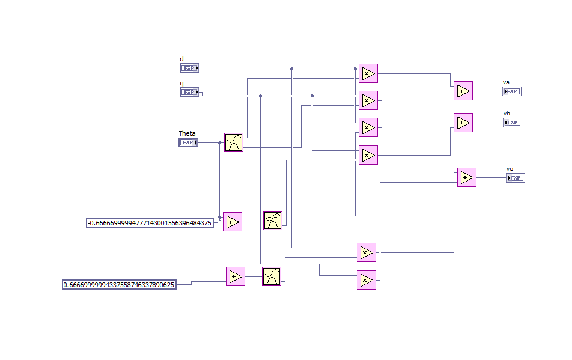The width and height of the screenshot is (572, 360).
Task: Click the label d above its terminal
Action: tap(182, 59)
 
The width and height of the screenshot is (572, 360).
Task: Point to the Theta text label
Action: tap(187, 133)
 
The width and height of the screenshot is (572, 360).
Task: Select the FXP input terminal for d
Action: tap(189, 68)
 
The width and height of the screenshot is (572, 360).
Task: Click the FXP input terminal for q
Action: tap(189, 92)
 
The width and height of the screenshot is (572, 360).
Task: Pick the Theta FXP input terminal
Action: tap(188, 142)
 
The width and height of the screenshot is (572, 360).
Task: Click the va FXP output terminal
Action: tap(512, 91)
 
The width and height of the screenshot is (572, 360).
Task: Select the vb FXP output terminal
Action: tap(512, 123)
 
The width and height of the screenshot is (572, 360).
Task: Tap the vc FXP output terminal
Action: tap(515, 178)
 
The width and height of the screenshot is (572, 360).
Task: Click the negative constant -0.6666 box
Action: tap(150, 223)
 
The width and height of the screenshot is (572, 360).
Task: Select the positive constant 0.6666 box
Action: tap(120, 285)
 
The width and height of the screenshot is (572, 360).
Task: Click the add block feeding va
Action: tap(463, 91)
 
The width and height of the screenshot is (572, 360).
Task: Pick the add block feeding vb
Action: tap(463, 123)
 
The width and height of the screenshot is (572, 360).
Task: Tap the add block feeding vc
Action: tap(466, 177)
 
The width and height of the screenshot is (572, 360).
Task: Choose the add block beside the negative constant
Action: tap(233, 222)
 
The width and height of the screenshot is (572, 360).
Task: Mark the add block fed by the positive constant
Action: tap(236, 276)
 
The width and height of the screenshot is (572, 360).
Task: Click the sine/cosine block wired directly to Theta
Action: tap(234, 142)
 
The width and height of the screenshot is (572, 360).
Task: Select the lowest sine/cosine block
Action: tap(272, 276)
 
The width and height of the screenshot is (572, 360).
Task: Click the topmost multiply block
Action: tap(368, 74)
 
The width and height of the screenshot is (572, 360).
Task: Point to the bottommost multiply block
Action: tap(367, 280)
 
